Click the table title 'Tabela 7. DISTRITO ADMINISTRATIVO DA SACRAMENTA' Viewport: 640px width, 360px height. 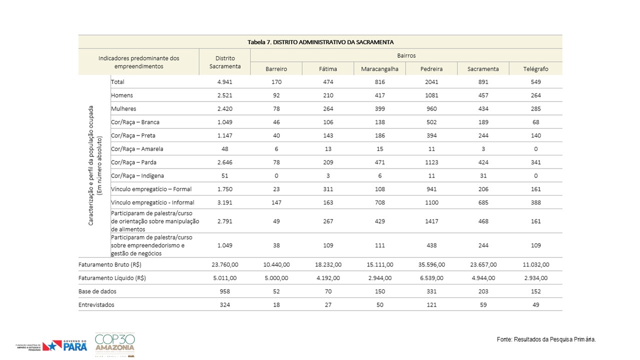(x=320, y=42)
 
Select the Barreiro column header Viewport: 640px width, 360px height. (x=276, y=69)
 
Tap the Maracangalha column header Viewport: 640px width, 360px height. (x=379, y=69)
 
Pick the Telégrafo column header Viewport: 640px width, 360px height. (x=535, y=69)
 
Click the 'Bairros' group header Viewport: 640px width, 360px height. (x=405, y=55)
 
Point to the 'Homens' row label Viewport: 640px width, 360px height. (x=122, y=95)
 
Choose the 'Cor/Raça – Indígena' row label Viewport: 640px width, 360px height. (x=137, y=176)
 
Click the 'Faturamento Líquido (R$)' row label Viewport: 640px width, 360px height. (x=112, y=278)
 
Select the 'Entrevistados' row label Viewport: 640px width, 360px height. (x=96, y=305)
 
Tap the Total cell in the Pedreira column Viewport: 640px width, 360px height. (x=431, y=82)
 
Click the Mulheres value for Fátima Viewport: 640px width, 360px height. (x=328, y=109)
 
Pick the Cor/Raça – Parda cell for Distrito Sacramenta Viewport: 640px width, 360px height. (x=224, y=162)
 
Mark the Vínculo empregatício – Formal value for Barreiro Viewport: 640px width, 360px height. (x=276, y=189)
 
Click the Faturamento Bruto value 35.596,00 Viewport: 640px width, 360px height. (x=431, y=264)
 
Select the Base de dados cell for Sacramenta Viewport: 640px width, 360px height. (x=483, y=291)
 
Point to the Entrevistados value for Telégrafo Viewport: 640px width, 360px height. (x=535, y=305)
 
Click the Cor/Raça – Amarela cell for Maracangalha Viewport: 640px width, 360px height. (x=379, y=149)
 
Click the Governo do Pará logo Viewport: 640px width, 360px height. (x=65, y=345)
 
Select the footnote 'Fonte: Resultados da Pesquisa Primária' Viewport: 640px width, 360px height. (x=546, y=339)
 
